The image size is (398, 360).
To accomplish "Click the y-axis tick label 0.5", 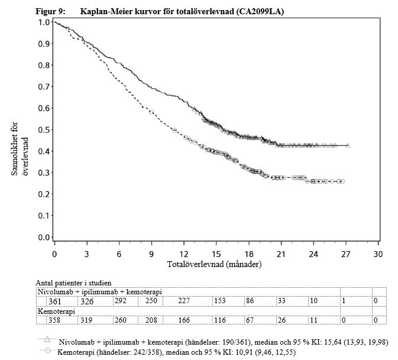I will click(44, 130).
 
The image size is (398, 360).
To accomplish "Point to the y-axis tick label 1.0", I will click(44, 22).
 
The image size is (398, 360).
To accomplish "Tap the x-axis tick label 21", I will click(281, 253).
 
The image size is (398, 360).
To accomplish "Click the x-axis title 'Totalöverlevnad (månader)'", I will click(215, 263).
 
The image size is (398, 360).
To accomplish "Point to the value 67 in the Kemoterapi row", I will click(251, 320).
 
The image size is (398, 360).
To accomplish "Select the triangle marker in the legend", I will click(47, 340).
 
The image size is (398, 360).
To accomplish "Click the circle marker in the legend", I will click(47, 352).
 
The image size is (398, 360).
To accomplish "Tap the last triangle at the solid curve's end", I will click(348, 146).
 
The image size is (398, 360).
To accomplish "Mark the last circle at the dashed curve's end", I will click(341, 181).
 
